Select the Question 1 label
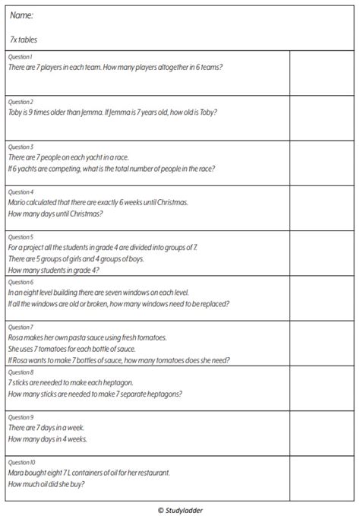pos(21,57)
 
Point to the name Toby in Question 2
pos(17,112)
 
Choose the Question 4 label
pos(21,192)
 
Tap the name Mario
pos(18,203)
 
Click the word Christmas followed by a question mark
pos(83,214)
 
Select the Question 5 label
pos(21,237)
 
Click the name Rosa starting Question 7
pos(17,337)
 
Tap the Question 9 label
pos(21,417)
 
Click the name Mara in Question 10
pos(17,473)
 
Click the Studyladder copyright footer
pos(180,509)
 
